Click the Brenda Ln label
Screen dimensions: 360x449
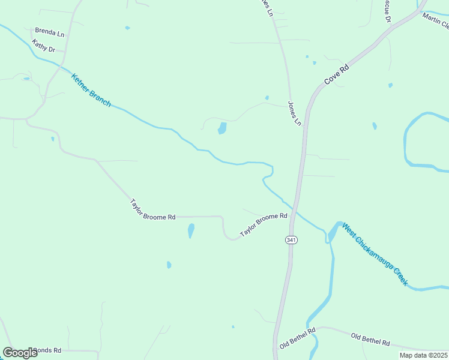point(49,31)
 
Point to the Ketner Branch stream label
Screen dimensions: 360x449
point(91,90)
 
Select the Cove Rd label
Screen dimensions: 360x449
point(336,74)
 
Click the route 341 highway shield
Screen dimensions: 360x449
point(291,240)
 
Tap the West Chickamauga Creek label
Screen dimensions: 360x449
point(375,254)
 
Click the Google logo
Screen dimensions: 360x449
point(20,353)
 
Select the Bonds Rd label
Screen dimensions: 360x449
point(47,350)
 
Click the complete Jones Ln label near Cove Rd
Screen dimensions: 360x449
point(294,113)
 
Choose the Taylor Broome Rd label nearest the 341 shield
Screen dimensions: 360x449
point(264,224)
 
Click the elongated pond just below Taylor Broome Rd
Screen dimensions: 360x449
point(191,230)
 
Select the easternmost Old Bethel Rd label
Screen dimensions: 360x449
point(370,340)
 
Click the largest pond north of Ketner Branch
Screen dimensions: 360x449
point(222,128)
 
